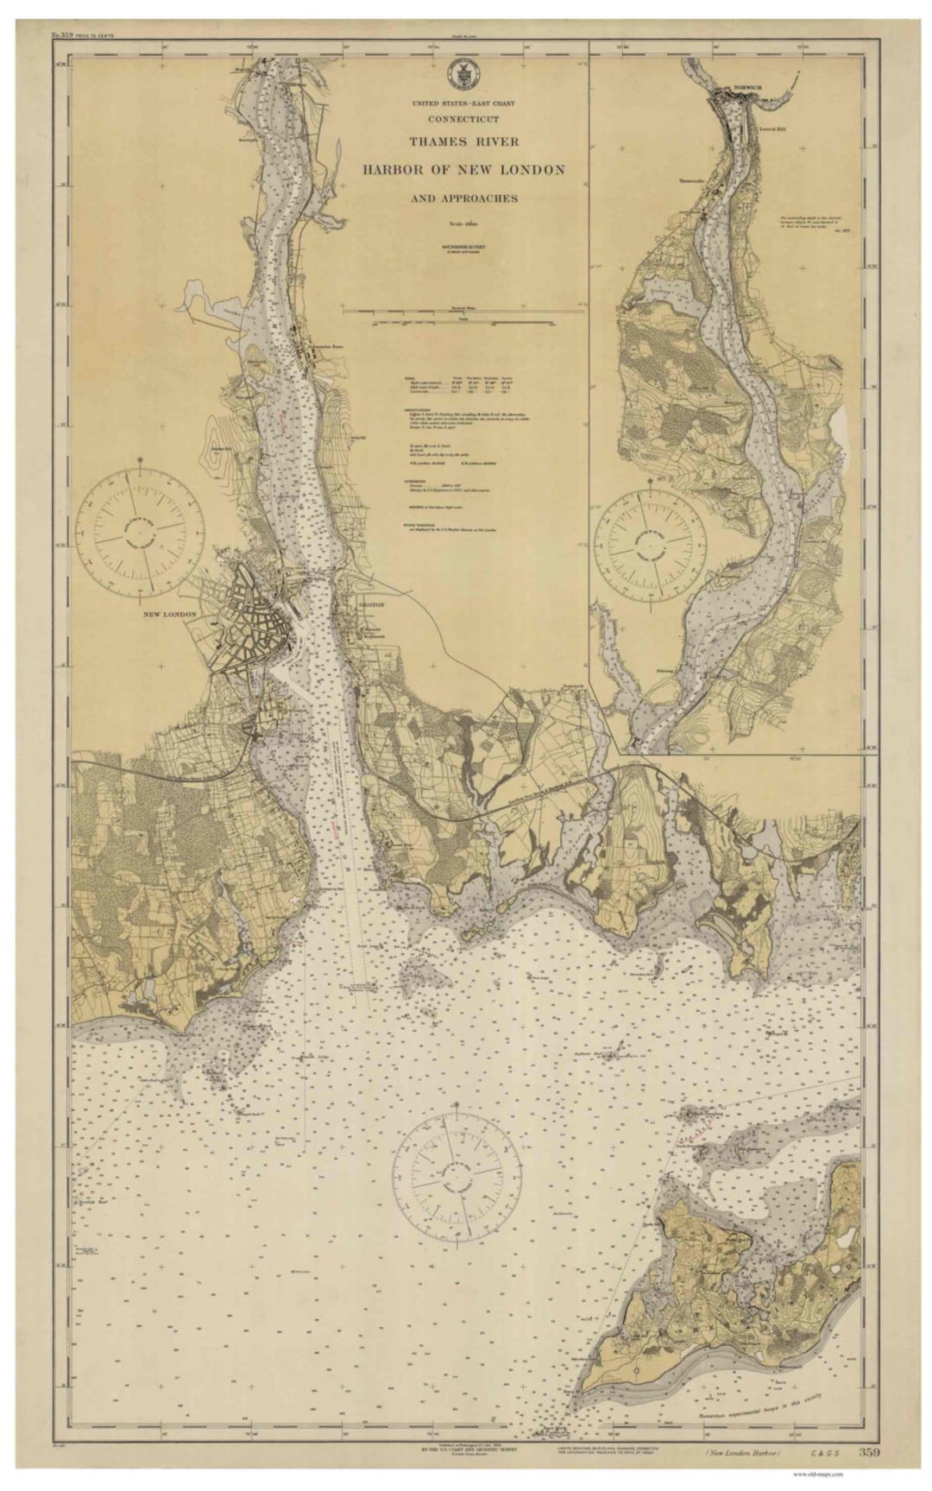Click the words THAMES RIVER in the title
point(463,142)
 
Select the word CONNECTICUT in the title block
point(463,119)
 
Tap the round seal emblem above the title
point(463,74)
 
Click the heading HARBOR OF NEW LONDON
point(463,169)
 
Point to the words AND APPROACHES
point(463,198)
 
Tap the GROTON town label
point(369,605)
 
